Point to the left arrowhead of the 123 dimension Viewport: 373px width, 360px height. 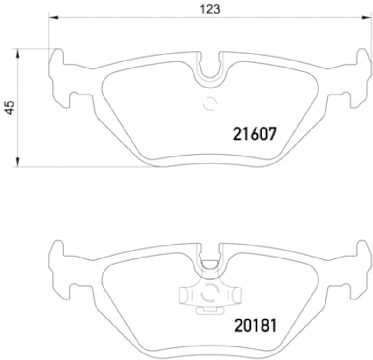(x=53, y=18)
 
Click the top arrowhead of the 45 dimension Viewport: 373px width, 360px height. (x=18, y=53)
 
